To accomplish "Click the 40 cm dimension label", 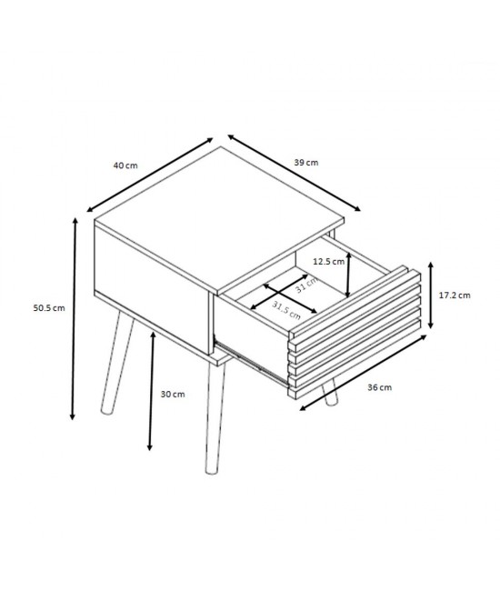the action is [125, 165].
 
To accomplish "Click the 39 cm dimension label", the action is [306, 163].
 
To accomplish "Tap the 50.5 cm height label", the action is [49, 308].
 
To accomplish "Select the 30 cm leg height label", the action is [173, 394].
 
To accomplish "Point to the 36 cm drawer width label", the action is [380, 387].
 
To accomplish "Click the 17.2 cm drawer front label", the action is [455, 295].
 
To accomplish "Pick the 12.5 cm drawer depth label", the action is [329, 262].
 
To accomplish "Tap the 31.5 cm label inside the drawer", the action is [286, 310].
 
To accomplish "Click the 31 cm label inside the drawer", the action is [306, 285].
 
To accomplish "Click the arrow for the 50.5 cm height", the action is [74, 319].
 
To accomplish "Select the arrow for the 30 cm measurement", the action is [151, 391].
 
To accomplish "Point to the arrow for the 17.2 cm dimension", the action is [431, 295].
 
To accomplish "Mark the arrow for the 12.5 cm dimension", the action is [348, 275].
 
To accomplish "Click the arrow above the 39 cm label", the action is [295, 173].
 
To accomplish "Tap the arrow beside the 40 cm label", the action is [149, 175].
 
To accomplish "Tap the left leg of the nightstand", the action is [116, 362].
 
